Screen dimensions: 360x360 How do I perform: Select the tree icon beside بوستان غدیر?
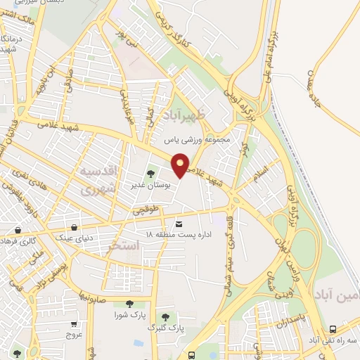tap(150, 173)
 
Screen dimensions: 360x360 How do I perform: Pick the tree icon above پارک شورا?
tap(130, 304)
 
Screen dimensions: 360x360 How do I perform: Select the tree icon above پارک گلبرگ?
tap(166, 317)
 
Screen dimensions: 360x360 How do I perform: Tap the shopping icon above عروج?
tap(75, 324)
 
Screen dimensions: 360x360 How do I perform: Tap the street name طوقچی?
tap(150, 210)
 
